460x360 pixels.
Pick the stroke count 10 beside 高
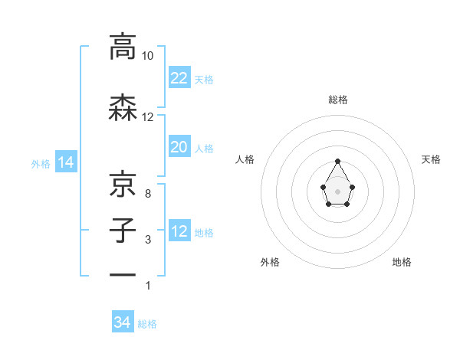coord(148,56)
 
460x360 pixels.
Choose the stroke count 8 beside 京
coord(148,194)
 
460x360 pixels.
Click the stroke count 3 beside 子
coord(148,240)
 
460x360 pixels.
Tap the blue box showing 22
coord(179,77)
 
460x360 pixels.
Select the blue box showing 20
coord(179,147)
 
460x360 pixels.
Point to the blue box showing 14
coord(65,162)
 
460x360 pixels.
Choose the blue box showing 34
coord(122,322)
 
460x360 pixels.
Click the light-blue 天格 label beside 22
coord(203,79)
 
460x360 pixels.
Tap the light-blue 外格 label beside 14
coord(41,163)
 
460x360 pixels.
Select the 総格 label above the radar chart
coord(337,100)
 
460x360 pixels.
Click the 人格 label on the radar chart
coord(245,159)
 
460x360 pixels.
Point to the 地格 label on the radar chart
coord(401,262)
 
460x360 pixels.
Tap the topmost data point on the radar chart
coord(337,161)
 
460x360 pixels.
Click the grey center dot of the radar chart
coord(337,190)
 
